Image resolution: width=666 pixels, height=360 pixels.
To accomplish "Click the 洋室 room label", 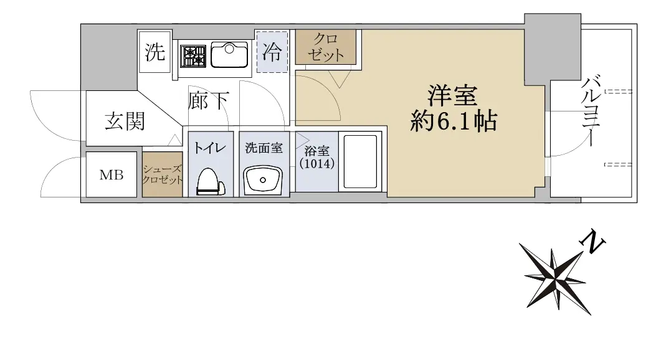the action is pos(452,96).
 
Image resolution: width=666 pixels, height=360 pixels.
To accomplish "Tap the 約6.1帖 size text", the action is pos(454,122).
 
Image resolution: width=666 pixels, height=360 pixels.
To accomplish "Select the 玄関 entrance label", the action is pos(125,121).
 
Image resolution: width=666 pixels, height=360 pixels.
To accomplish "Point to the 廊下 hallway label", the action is pos(209,101).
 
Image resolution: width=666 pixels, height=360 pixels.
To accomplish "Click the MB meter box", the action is pos(112,174).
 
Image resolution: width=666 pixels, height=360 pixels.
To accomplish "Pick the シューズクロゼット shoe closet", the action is pos(162,174).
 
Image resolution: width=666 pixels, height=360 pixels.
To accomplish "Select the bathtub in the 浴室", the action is pos(360,161).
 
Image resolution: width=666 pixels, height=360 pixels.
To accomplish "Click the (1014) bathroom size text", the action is pos(317,163).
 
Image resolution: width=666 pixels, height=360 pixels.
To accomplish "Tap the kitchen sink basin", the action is pos(229,55).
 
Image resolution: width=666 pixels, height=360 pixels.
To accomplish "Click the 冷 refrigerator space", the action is pos(272,51).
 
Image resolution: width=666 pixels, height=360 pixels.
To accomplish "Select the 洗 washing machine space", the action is pos(155,52).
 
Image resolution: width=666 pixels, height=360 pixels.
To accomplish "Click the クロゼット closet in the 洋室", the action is pos(326,47).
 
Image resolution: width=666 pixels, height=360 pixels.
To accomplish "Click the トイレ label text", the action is pos(210,148).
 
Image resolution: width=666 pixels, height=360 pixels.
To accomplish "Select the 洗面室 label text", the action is pos(264,148).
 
